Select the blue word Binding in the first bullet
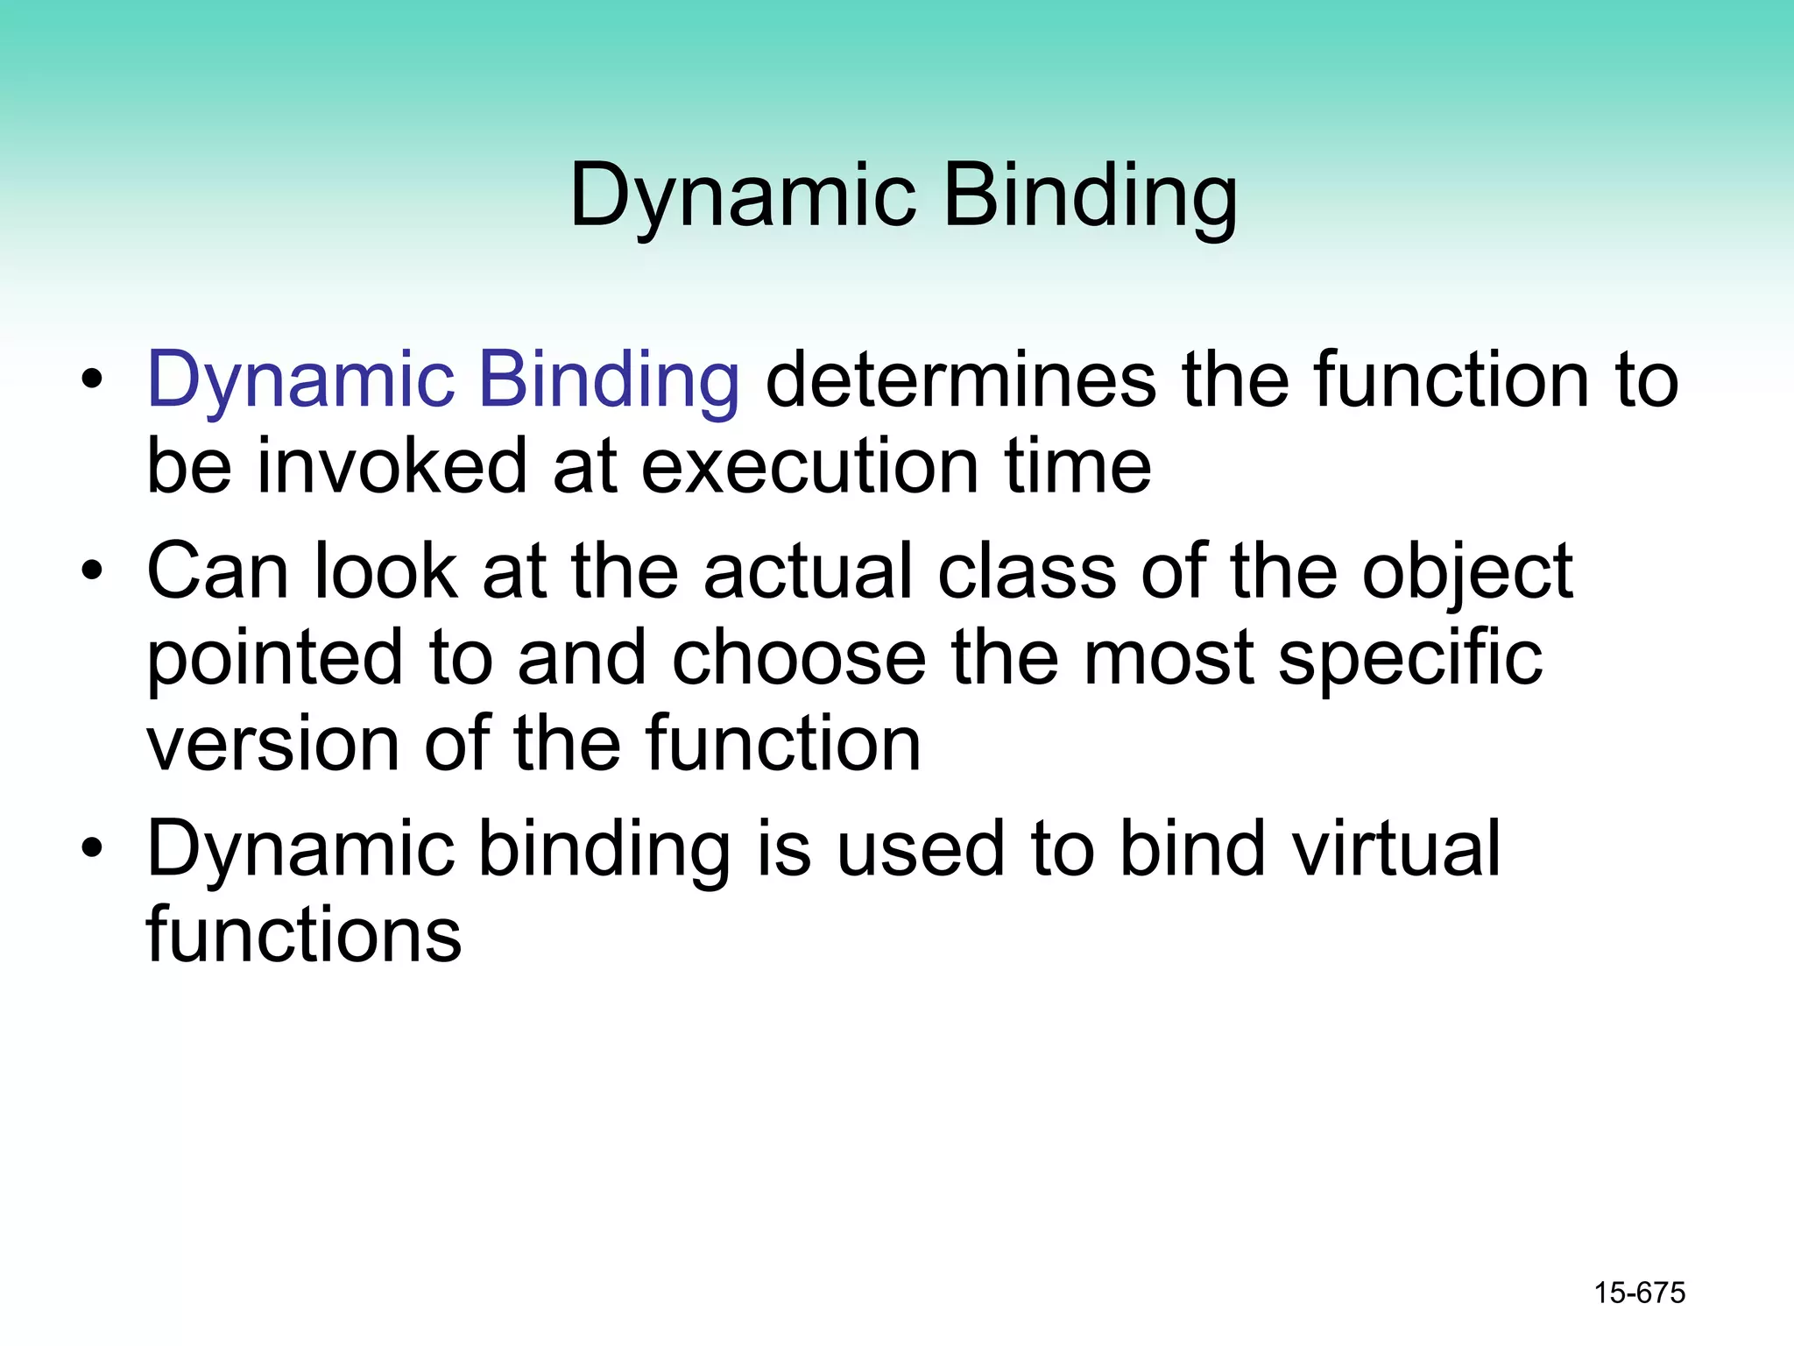[x=610, y=380]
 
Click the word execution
[x=809, y=467]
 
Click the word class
[x=1027, y=571]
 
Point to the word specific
[x=1409, y=659]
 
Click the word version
[x=272, y=744]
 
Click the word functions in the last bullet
[x=303, y=935]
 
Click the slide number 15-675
[x=1639, y=1293]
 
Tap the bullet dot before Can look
[x=92, y=572]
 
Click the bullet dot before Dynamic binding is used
[x=92, y=849]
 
